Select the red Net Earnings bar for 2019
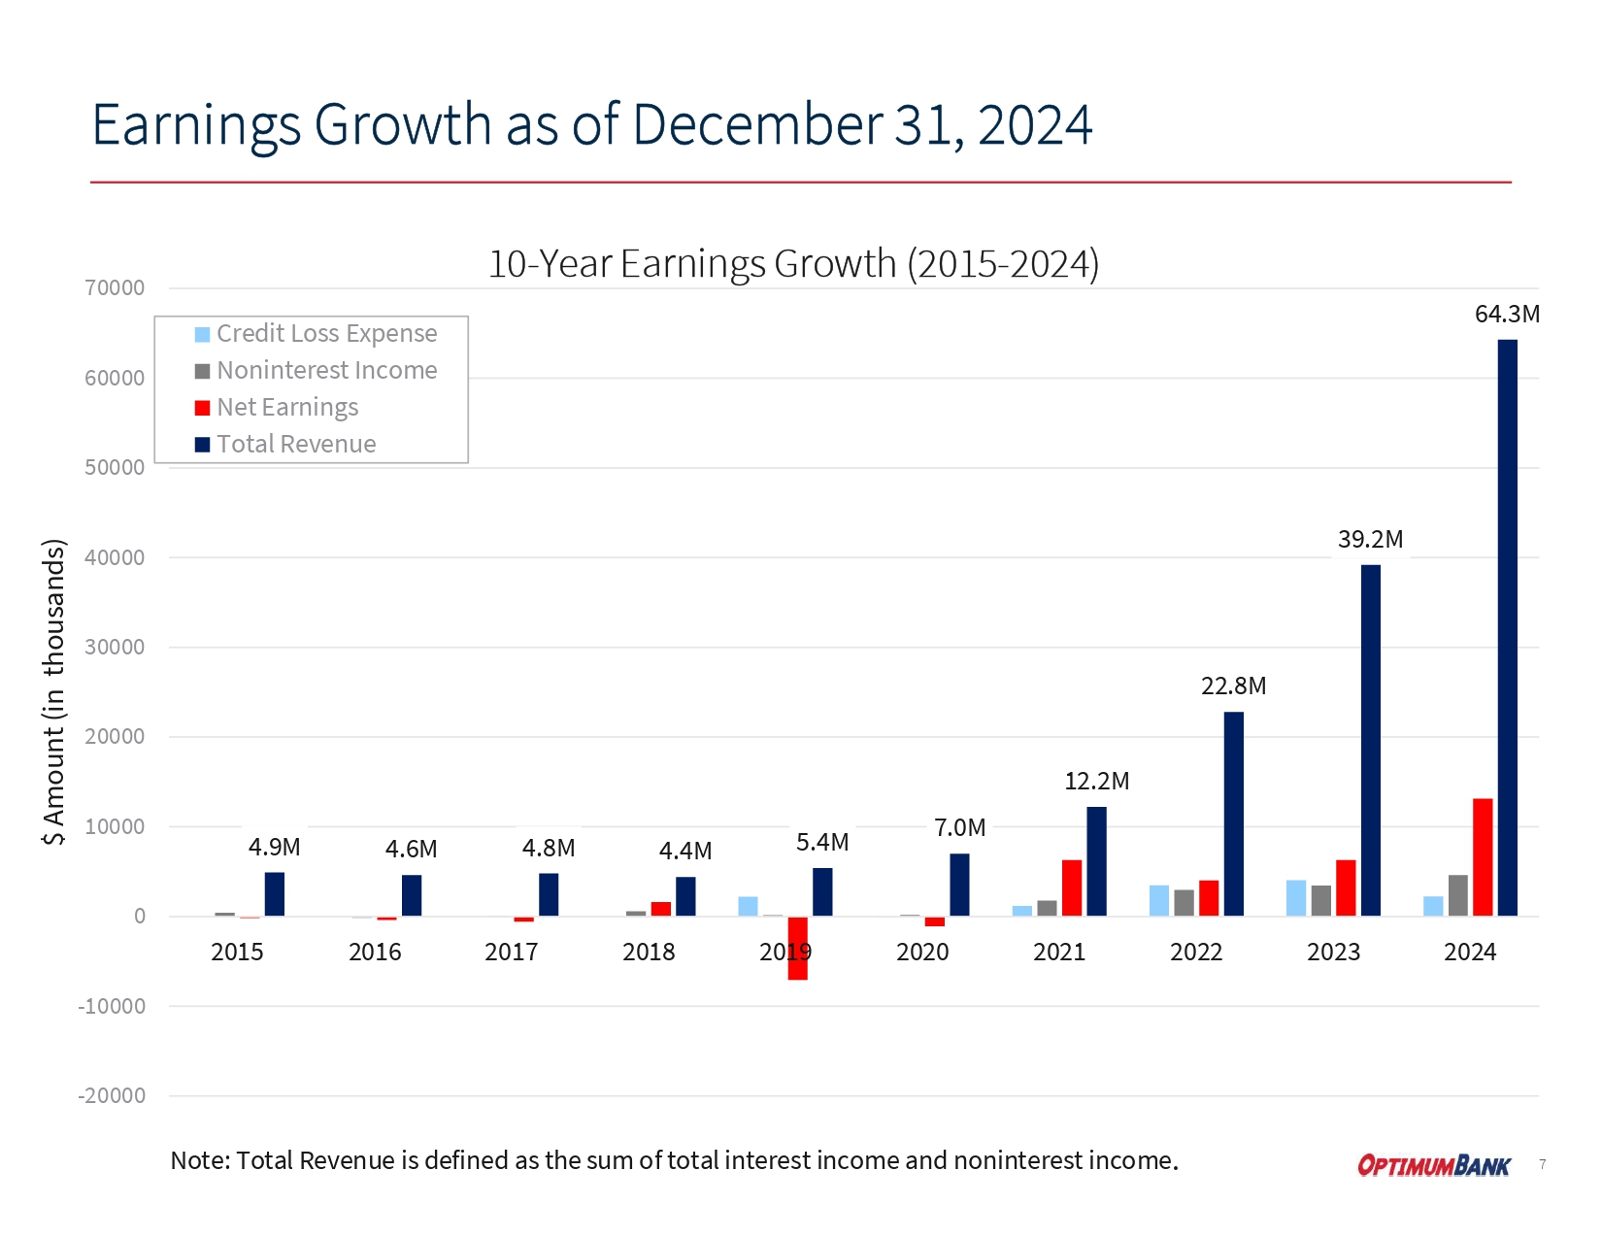[x=798, y=956]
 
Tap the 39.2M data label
[x=1370, y=539]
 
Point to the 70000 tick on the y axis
[x=115, y=288]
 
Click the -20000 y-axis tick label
[x=112, y=1096]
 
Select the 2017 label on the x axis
[x=512, y=953]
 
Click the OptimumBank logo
[x=1433, y=1165]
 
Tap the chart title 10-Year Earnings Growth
[x=792, y=264]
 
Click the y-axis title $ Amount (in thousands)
[x=54, y=691]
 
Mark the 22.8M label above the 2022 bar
[x=1233, y=686]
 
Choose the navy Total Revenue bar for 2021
[x=1096, y=861]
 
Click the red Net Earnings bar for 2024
[x=1483, y=857]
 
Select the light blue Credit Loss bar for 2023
[x=1296, y=898]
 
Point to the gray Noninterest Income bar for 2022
[x=1184, y=903]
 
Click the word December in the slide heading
[x=757, y=125]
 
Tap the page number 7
[x=1543, y=1164]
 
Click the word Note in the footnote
[x=198, y=1161]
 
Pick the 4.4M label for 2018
[x=685, y=852]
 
